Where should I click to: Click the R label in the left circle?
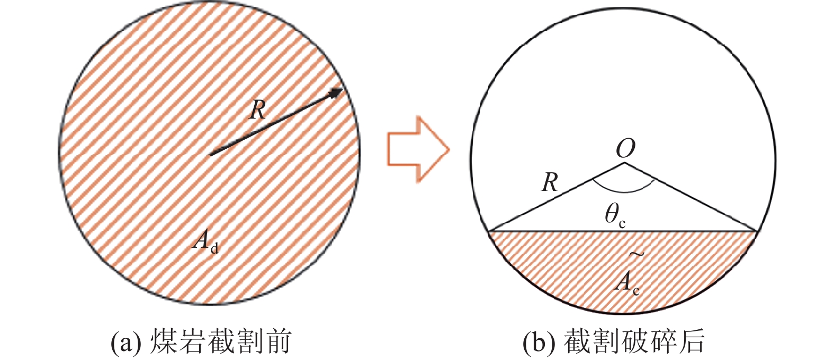257,110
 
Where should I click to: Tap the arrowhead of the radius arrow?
337,93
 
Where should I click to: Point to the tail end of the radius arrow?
211,155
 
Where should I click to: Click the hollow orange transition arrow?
418,149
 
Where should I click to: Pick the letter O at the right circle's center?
625,150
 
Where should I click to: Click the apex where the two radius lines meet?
625,164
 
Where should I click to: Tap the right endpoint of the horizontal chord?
758,231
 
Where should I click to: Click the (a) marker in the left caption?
124,343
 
